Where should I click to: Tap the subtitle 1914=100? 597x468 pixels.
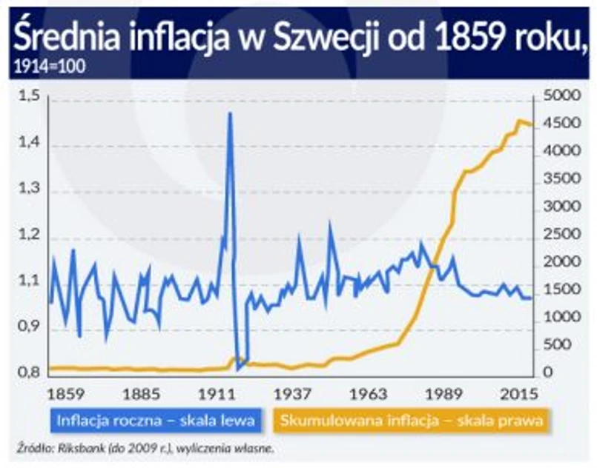[x=49, y=66]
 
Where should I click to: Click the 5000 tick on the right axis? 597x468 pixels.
[x=559, y=96]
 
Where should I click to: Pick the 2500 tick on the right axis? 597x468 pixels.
[x=559, y=234]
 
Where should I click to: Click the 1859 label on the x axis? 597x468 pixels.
[x=65, y=392]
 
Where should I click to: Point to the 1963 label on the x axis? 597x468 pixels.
[x=371, y=392]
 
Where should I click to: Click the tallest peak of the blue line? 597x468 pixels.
[x=230, y=113]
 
